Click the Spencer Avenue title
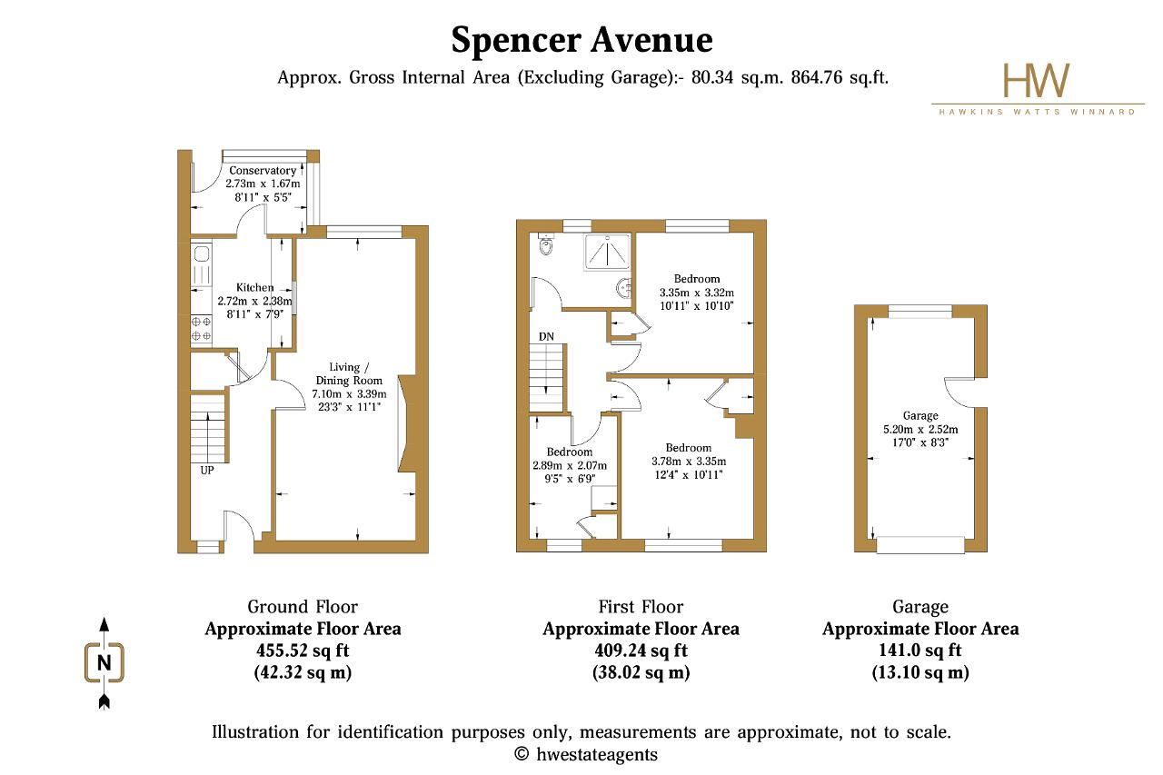point(581,41)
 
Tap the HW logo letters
point(1037,81)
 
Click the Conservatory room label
point(263,170)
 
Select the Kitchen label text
point(255,288)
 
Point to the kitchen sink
point(202,253)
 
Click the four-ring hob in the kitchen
point(202,329)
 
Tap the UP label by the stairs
point(207,471)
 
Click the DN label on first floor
point(546,336)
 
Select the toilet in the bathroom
point(546,244)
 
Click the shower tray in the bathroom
point(608,252)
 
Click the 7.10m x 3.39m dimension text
point(350,394)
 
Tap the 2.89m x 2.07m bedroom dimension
point(570,465)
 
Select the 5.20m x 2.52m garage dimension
point(920,429)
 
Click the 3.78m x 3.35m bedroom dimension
point(689,461)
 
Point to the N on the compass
point(104,663)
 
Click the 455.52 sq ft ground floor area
point(303,651)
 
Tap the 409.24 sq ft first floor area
point(641,651)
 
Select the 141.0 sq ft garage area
point(920,651)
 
